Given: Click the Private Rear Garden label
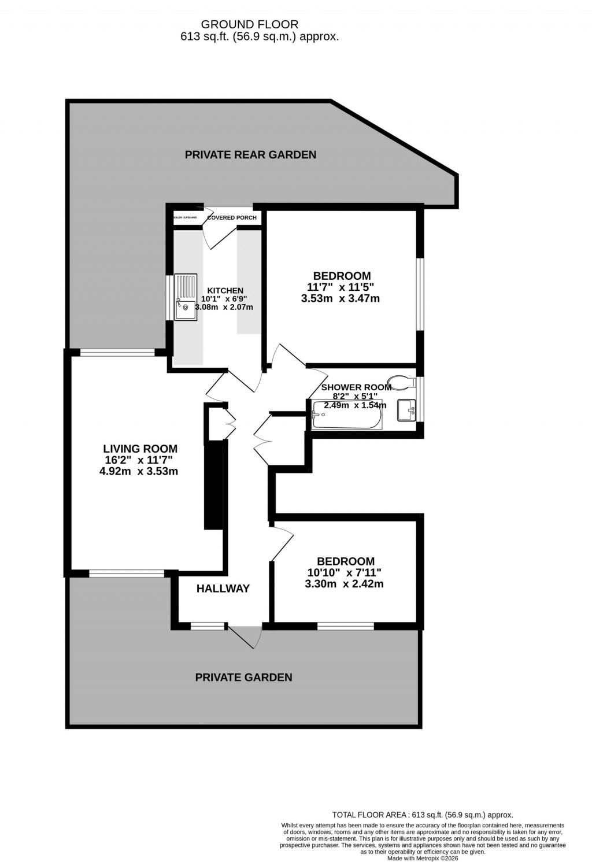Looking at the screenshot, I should (x=250, y=154).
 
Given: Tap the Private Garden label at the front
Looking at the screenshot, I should (x=243, y=677).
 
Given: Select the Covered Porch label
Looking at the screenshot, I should (x=232, y=217).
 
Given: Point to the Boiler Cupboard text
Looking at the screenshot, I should (x=186, y=217).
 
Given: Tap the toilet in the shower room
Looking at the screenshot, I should (x=402, y=380).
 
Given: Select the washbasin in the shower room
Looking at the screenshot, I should (x=407, y=410).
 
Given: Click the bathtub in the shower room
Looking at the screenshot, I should (x=346, y=415).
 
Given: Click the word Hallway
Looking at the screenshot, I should (x=223, y=589).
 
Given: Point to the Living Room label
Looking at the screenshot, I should (x=140, y=448).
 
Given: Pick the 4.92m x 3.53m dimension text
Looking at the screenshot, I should (x=139, y=471).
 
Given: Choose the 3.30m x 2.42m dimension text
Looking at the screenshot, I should (x=344, y=584).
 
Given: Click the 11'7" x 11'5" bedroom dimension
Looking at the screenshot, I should (x=341, y=287).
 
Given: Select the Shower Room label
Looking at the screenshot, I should (x=356, y=387).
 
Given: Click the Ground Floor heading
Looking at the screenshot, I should (x=249, y=24).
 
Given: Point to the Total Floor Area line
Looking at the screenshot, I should (x=422, y=814).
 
